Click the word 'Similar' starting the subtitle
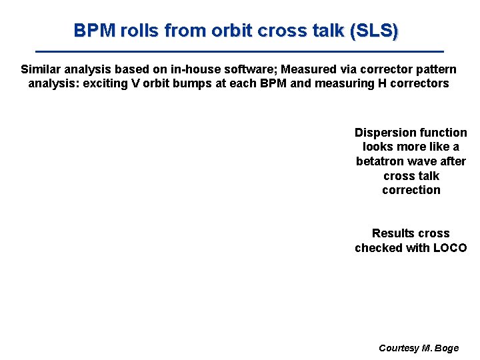41,69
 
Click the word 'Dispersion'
383,133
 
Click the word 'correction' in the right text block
411,190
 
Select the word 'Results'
393,233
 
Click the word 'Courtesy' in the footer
399,348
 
